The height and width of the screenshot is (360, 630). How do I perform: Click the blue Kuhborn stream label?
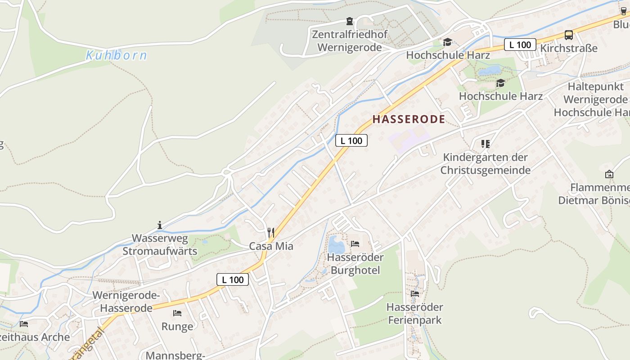coord(117,55)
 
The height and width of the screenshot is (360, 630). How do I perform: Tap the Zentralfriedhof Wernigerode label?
coord(349,41)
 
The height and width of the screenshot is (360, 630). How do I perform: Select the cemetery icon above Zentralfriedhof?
coord(349,21)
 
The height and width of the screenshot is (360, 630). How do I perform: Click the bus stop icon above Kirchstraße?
coord(569,35)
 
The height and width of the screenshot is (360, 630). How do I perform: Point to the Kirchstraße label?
coord(569,48)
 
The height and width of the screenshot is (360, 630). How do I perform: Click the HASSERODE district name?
coord(409,119)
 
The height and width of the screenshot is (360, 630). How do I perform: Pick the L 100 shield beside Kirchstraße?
coord(520,45)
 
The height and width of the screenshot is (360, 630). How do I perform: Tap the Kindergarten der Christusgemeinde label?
coord(485,164)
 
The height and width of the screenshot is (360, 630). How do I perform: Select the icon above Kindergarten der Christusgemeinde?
coord(485,144)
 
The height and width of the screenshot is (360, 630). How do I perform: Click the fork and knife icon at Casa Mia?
coord(271,232)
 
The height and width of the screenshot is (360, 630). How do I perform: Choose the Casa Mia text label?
coord(271,246)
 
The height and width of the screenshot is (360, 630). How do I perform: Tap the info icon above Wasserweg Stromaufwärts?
coord(159,225)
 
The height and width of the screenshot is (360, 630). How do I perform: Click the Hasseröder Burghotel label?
coord(355,264)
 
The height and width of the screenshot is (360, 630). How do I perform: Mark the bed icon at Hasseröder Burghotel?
coord(355,244)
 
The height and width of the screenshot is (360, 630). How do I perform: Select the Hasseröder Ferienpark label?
coord(414,314)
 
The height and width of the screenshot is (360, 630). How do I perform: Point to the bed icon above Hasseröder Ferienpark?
coord(414,294)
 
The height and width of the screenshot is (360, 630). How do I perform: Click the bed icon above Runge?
coord(177,313)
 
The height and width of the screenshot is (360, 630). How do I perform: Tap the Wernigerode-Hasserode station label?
coord(126,302)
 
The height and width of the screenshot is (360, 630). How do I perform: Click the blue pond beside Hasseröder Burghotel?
coord(336,245)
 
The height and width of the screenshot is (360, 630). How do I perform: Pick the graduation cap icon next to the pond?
coord(500,83)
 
